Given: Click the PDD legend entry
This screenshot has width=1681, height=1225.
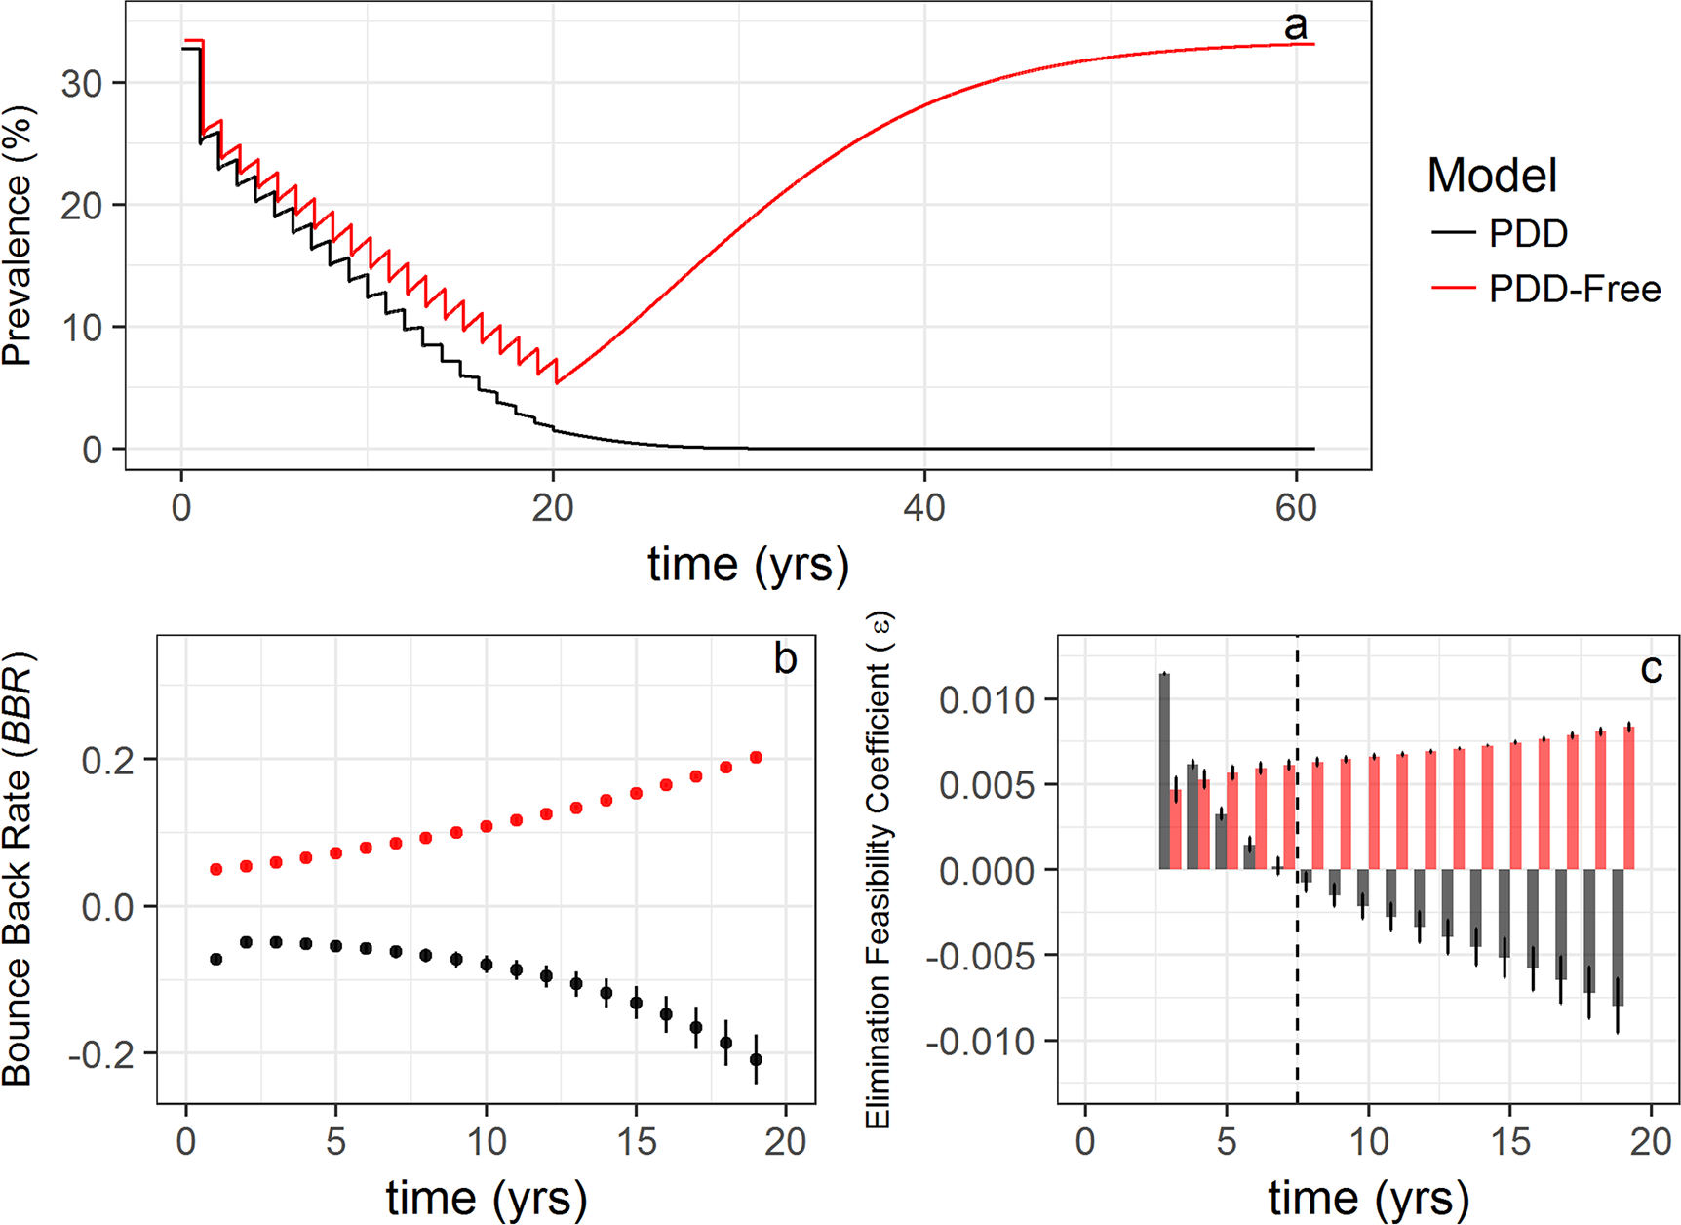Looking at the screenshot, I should (x=1528, y=234).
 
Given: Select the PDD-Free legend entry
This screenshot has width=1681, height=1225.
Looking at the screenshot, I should (x=1574, y=290).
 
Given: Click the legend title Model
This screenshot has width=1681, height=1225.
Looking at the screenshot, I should (x=1492, y=177).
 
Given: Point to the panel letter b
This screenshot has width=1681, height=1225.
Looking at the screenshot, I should (x=785, y=659).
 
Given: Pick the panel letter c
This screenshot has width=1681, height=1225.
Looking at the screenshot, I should (x=1651, y=669).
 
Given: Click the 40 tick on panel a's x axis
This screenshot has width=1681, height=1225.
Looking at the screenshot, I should (x=923, y=508).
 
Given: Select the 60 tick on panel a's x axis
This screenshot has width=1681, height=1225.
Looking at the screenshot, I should (x=1296, y=508).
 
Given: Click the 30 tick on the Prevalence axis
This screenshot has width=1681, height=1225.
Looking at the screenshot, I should (x=81, y=84).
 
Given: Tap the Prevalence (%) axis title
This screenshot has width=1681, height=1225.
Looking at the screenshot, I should (x=18, y=235).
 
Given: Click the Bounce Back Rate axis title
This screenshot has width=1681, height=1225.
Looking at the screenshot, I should (x=18, y=868).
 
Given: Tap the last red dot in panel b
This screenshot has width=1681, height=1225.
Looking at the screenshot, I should (x=756, y=758).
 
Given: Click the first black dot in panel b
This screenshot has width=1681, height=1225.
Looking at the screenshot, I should (x=216, y=960).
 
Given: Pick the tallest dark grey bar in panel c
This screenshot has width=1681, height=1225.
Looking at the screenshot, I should (x=1164, y=771).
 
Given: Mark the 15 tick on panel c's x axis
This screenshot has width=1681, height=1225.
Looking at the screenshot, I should (x=1510, y=1140).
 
